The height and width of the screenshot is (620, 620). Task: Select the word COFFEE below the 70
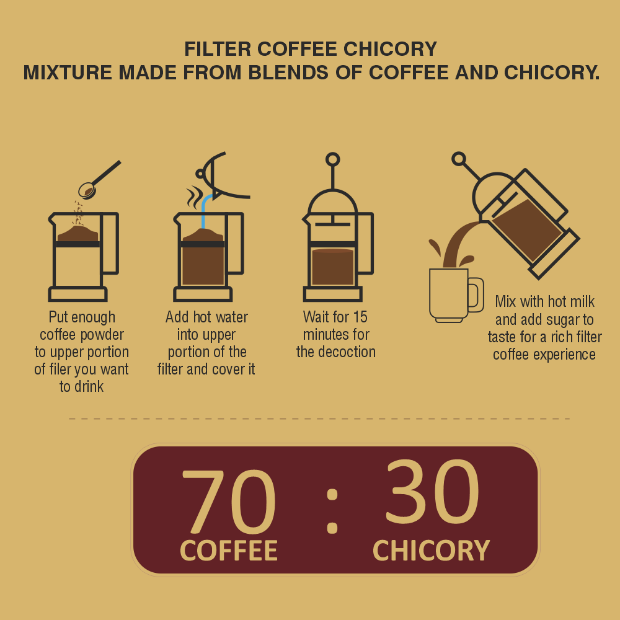pyautogui.click(x=228, y=551)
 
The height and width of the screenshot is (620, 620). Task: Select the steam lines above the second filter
pyautogui.click(x=195, y=197)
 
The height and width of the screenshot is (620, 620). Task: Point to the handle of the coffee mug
pyautogui.click(x=476, y=294)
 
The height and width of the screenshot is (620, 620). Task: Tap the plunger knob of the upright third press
pyautogui.click(x=332, y=159)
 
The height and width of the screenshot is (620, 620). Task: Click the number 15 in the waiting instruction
pyautogui.click(x=360, y=317)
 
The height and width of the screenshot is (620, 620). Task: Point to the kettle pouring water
pyautogui.click(x=223, y=177)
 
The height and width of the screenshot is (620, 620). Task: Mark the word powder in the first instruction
pyautogui.click(x=104, y=335)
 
